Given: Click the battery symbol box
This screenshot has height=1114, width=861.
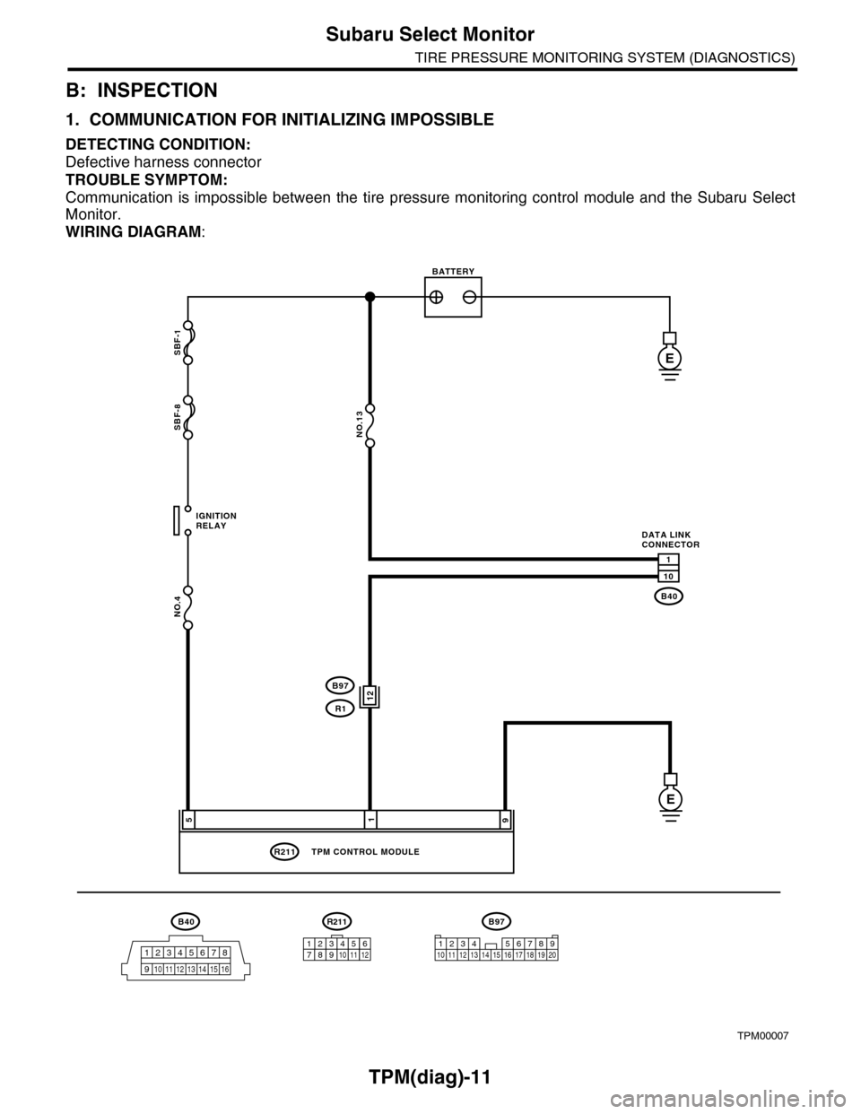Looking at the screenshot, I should (453, 297).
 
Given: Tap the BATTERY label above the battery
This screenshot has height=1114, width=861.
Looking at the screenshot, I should (453, 269).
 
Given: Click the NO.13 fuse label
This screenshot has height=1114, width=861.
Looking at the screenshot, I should (359, 422).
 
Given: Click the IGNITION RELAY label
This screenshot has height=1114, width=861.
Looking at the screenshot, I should (215, 521).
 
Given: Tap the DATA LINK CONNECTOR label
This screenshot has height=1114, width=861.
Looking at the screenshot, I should (671, 539).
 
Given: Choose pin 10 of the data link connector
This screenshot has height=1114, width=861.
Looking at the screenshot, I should (669, 575).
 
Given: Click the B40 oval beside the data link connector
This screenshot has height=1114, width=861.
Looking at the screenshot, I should (669, 596).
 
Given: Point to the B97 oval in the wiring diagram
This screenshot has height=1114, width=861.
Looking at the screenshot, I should (340, 685).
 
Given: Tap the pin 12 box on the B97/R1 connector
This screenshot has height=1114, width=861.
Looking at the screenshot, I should (369, 695).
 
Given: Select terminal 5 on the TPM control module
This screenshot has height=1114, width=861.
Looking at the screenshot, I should (188, 819).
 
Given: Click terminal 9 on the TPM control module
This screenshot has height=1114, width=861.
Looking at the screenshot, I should (505, 819).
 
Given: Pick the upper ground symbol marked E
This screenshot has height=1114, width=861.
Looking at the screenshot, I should (668, 357).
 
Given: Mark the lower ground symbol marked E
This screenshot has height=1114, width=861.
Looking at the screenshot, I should (668, 796).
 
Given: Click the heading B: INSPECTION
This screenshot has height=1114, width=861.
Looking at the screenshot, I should (142, 90).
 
